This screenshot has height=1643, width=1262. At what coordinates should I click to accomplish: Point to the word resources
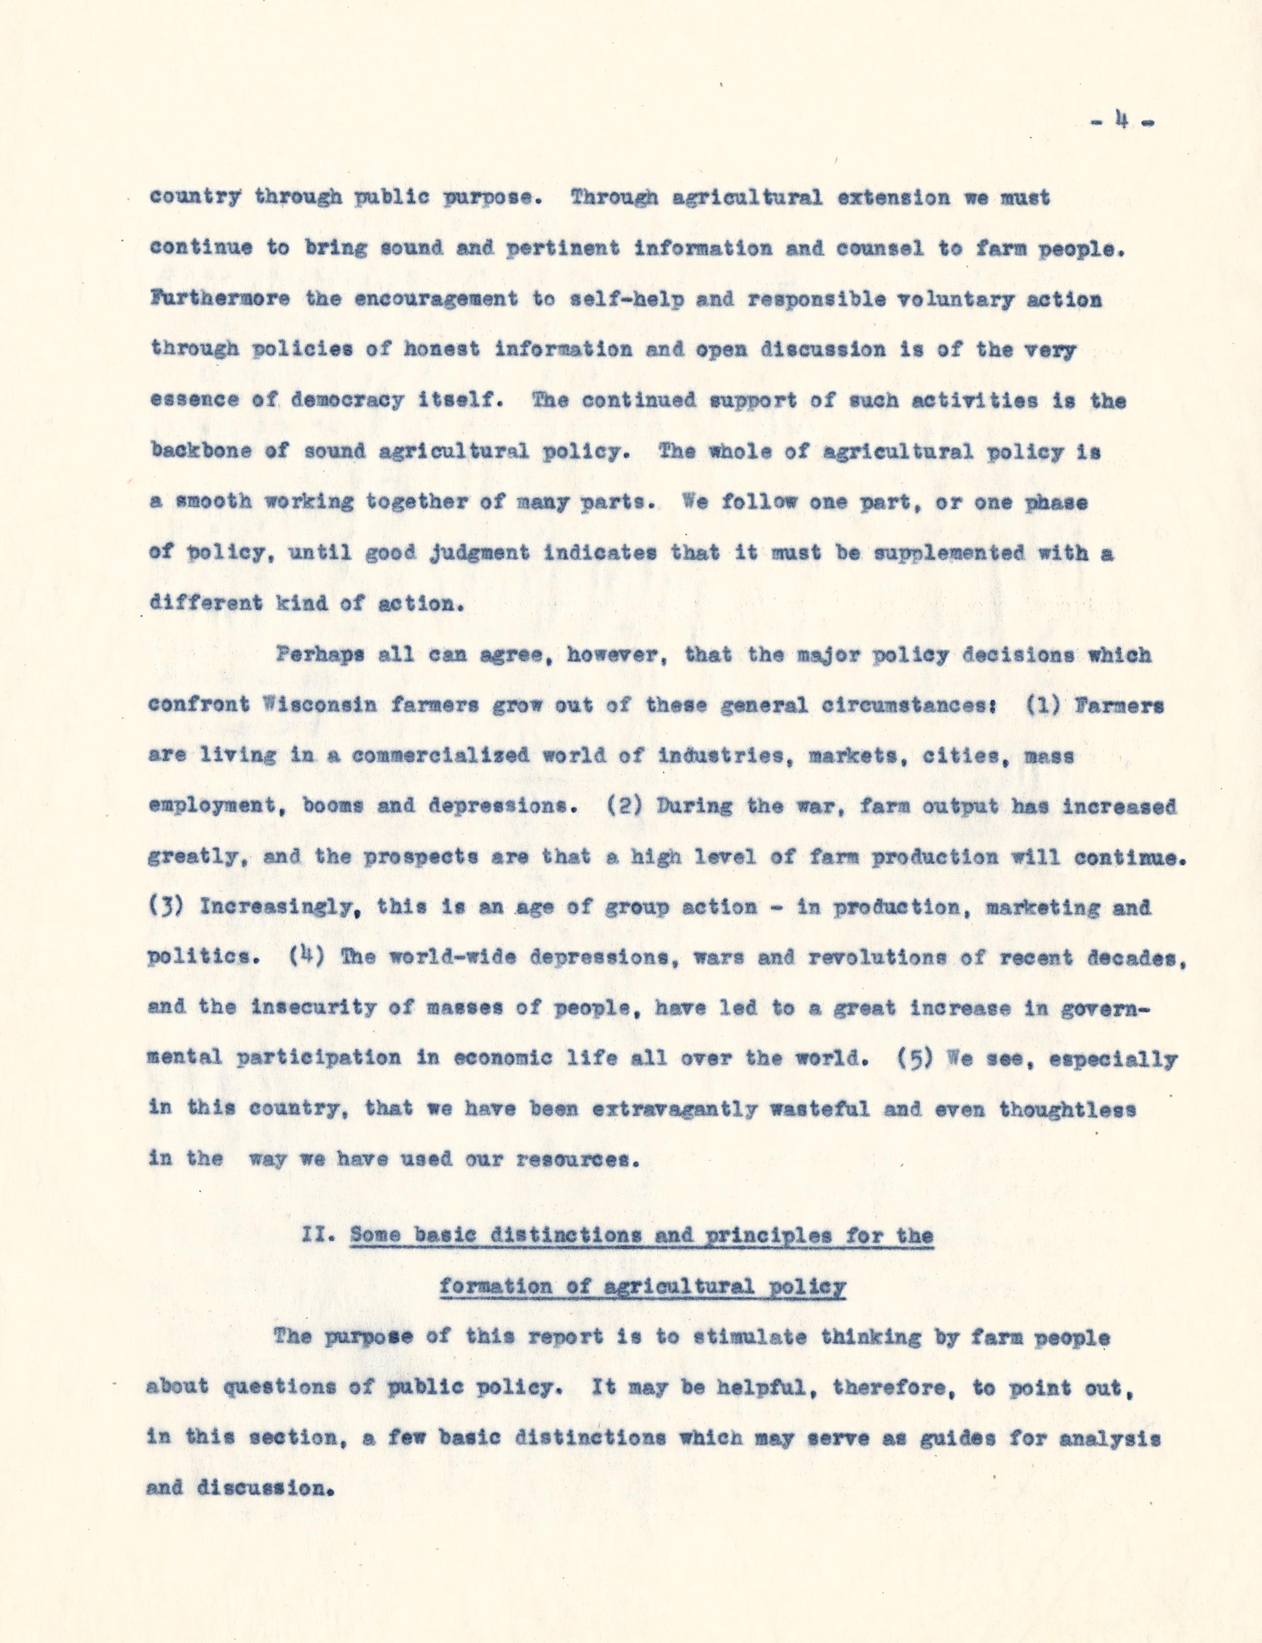pyautogui.click(x=578, y=1158)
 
